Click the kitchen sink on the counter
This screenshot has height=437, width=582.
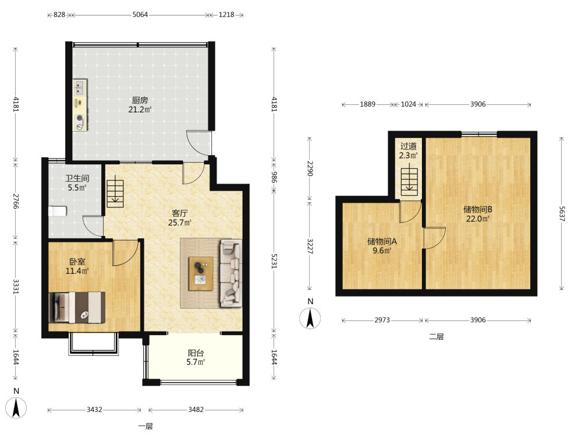[80, 88]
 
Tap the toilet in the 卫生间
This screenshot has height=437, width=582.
[58, 211]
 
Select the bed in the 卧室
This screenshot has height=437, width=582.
[77, 307]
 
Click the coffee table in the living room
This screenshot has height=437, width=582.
[201, 273]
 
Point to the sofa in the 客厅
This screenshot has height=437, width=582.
[231, 273]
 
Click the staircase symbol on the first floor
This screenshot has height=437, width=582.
[115, 193]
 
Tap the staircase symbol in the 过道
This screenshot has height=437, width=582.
[409, 182]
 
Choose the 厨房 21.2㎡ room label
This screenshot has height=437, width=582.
[140, 105]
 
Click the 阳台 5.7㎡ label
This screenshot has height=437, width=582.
[196, 358]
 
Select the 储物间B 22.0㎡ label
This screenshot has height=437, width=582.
[478, 214]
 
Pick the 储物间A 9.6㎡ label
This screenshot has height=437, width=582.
[382, 246]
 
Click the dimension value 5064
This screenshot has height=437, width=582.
[140, 15]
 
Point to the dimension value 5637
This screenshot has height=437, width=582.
[562, 214]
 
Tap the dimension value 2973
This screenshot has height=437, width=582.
[382, 320]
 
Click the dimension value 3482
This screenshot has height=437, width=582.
[196, 410]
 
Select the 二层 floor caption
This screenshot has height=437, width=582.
[436, 337]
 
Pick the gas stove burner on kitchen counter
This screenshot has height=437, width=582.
[80, 118]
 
